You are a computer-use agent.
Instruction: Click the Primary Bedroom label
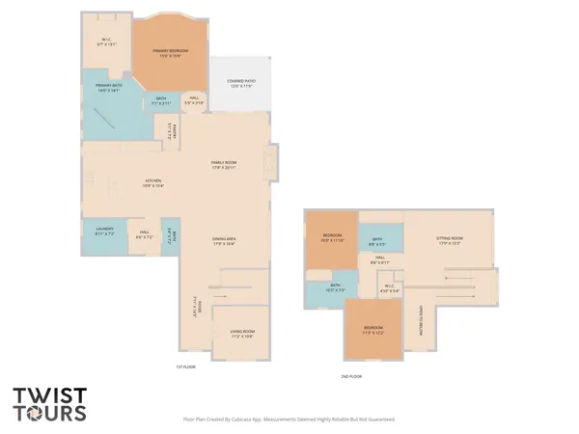[x=168, y=52]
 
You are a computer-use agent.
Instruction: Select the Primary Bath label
[x=108, y=89]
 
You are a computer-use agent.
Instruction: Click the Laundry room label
[x=104, y=231]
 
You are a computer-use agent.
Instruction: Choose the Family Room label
[x=225, y=165]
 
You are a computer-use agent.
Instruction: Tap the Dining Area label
[x=225, y=242]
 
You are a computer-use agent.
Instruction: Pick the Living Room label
[x=241, y=334]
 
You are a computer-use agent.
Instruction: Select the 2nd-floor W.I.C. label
[x=389, y=287]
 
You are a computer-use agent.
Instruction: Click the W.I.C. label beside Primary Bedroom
[x=107, y=42]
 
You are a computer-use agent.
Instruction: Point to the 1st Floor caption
[x=185, y=366]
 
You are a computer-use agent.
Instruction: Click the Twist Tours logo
[x=49, y=404]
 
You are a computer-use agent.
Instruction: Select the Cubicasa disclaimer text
[x=289, y=420]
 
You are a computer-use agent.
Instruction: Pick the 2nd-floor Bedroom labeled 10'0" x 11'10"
[x=332, y=238]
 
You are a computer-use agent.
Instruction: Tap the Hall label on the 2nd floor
[x=379, y=259]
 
